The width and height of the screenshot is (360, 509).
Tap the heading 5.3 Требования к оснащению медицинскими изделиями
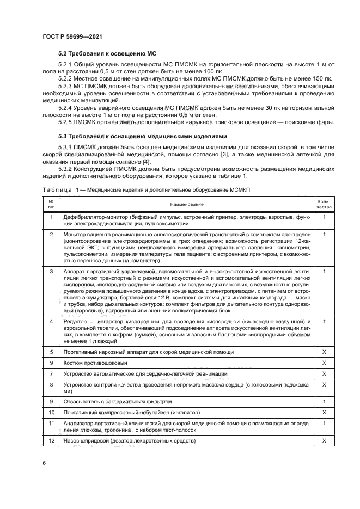(142, 135)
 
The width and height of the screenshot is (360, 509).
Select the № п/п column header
(51, 204)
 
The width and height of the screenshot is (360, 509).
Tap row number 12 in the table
(51, 440)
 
